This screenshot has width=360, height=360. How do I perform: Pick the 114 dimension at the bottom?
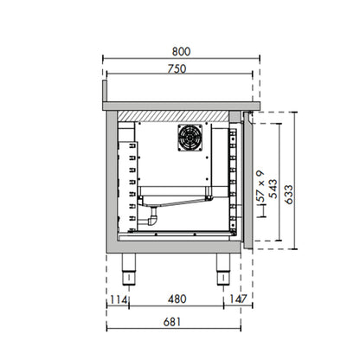click(x=118, y=299)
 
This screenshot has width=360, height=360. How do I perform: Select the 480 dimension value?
click(x=177, y=299)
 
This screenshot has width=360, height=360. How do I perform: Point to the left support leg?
click(x=132, y=270)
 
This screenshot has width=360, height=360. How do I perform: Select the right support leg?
click(x=220, y=270)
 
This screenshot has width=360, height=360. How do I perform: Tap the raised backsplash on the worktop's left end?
click(x=106, y=90)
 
